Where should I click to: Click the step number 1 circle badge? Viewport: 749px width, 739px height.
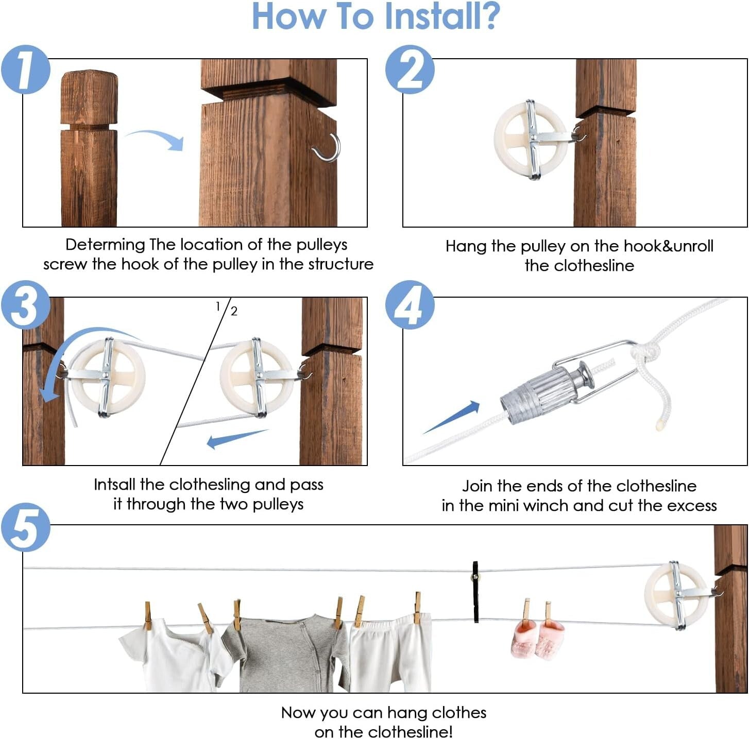(25, 70)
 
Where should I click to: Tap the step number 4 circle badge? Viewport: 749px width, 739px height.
(410, 305)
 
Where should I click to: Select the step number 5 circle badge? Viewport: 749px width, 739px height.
(25, 527)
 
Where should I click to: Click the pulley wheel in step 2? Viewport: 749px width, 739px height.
(531, 140)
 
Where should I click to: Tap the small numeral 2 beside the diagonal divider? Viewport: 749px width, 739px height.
(234, 311)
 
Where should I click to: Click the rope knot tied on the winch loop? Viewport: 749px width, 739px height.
(645, 355)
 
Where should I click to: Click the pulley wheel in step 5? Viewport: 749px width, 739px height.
(676, 595)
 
